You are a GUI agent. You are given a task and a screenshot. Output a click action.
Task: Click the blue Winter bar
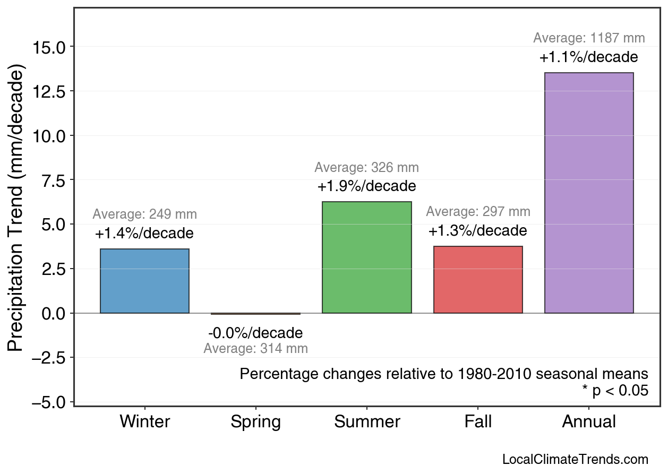click(144, 281)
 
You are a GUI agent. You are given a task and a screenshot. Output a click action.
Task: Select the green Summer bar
click(366, 257)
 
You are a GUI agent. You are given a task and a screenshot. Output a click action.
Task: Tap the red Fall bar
click(478, 280)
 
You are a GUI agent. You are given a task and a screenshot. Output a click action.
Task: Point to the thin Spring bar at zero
click(255, 314)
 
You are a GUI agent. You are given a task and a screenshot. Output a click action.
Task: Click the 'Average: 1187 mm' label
click(589, 38)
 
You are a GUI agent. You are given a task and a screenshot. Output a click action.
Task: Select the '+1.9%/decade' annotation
click(366, 187)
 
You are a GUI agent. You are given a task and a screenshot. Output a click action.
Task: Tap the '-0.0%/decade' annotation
click(255, 333)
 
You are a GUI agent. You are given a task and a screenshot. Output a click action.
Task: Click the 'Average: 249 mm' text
click(144, 215)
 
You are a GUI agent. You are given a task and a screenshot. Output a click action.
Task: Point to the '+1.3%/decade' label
click(478, 231)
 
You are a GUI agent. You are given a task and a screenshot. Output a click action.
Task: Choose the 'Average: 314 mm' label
click(255, 349)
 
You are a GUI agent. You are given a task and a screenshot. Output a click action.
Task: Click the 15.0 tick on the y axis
click(49, 47)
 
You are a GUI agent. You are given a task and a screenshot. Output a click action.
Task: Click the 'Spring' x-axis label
click(255, 422)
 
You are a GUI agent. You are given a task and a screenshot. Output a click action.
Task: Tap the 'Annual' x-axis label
click(589, 422)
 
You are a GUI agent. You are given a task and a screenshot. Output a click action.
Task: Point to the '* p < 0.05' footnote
click(615, 391)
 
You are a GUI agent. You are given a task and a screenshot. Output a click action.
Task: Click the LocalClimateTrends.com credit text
click(575, 459)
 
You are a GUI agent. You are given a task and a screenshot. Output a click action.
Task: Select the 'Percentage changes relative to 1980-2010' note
click(444, 374)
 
